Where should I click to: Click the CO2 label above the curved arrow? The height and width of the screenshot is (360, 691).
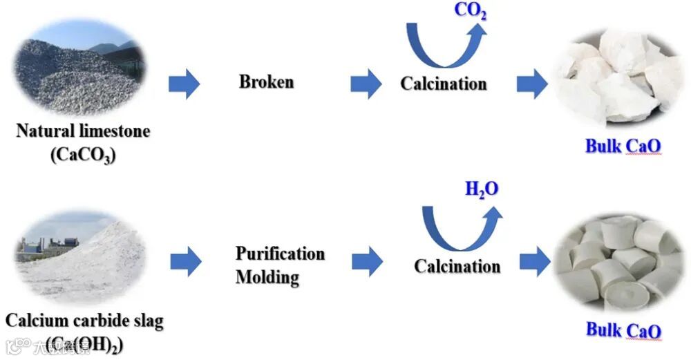470,12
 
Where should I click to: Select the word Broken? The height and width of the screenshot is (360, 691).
266,82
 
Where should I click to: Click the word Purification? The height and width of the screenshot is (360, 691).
280,253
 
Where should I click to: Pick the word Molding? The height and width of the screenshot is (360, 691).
267,277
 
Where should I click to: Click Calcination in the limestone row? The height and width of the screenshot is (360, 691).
444,84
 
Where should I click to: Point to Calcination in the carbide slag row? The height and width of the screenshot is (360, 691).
457,266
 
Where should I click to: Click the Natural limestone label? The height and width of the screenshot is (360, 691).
83,131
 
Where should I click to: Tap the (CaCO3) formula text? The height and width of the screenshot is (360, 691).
83,155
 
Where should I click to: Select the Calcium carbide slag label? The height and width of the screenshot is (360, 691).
84,321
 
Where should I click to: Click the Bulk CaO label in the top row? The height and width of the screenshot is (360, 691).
623,146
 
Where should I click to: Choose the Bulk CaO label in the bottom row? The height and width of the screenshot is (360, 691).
624,330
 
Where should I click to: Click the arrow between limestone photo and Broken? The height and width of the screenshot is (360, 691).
184,84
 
